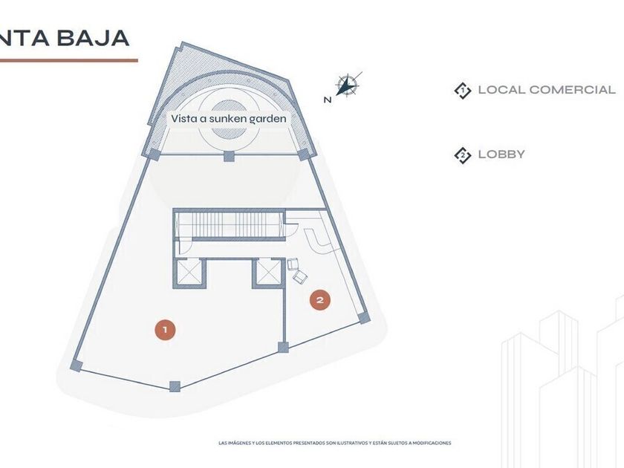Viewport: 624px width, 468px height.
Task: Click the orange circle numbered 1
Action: pyautogui.click(x=165, y=328)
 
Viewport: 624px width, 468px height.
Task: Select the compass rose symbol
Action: pyautogui.click(x=346, y=85)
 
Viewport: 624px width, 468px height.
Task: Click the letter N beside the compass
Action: pyautogui.click(x=327, y=100)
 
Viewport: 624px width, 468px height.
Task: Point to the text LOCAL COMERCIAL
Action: pyautogui.click(x=547, y=90)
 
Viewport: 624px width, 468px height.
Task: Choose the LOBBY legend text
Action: pyautogui.click(x=501, y=155)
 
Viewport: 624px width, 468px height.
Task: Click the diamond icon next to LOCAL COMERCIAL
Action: pyautogui.click(x=463, y=91)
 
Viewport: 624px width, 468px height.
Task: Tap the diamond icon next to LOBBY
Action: pyautogui.click(x=463, y=155)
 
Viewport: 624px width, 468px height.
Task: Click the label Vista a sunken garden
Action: pyautogui.click(x=228, y=118)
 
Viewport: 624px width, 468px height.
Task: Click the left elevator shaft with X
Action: pyautogui.click(x=189, y=273)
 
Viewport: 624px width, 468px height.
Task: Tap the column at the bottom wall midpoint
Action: pyautogui.click(x=175, y=386)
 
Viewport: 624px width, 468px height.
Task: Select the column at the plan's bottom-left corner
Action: pyautogui.click(x=76, y=365)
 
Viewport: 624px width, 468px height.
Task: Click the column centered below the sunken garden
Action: pyautogui.click(x=229, y=157)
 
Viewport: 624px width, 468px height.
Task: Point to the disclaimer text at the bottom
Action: pyautogui.click(x=334, y=443)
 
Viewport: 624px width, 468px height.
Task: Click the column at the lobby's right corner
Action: pyautogui.click(x=363, y=318)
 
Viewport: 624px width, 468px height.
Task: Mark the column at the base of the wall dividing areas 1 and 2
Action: pyautogui.click(x=282, y=347)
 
